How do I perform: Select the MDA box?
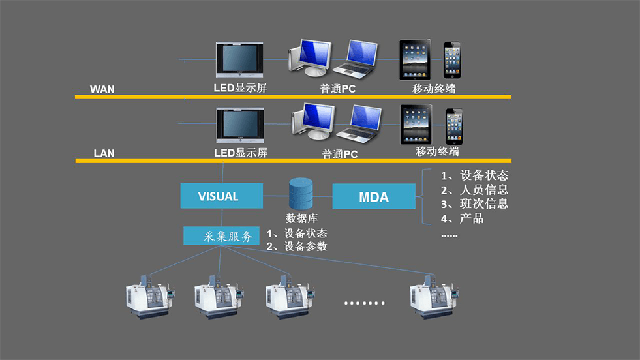click(x=374, y=196)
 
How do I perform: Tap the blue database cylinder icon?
click(x=301, y=193)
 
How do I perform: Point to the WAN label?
click(x=102, y=89)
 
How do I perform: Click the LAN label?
click(x=104, y=154)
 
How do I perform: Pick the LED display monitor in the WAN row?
click(x=239, y=61)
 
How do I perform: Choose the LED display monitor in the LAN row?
click(x=239, y=126)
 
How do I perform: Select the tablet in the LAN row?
click(x=418, y=125)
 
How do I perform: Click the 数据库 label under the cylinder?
click(x=301, y=217)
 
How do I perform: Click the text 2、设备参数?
click(x=297, y=247)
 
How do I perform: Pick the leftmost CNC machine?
click(x=151, y=296)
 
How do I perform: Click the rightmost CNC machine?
click(x=434, y=296)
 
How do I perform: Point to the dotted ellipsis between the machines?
click(x=364, y=303)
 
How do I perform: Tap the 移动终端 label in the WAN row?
click(x=434, y=89)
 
